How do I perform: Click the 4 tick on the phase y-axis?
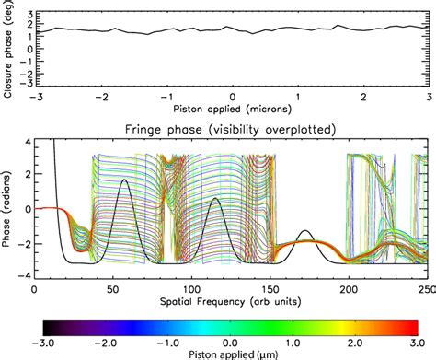click(28, 141)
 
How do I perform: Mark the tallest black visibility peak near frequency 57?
click(124, 180)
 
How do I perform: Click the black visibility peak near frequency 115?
click(214, 198)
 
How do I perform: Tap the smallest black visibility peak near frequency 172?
click(304, 230)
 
